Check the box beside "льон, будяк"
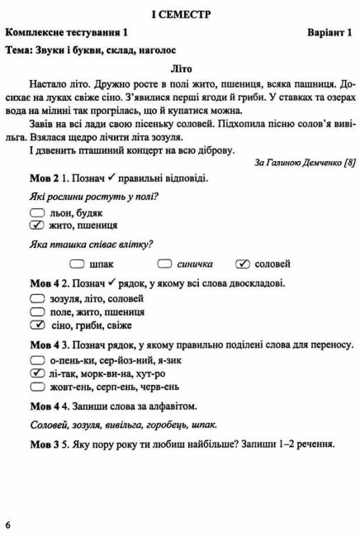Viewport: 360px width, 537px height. click(36, 211)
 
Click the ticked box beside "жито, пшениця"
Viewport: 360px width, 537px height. click(36, 225)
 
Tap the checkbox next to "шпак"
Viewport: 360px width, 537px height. click(77, 264)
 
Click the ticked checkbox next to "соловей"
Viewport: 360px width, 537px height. click(243, 264)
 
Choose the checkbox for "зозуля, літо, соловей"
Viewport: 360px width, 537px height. click(36, 298)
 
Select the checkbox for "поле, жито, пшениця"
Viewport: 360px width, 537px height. click(36, 312)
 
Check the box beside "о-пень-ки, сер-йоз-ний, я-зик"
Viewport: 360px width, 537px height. click(36, 359)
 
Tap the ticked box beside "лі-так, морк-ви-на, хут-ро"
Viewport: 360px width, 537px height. click(36, 373)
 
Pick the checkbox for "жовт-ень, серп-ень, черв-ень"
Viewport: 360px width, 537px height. click(36, 387)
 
